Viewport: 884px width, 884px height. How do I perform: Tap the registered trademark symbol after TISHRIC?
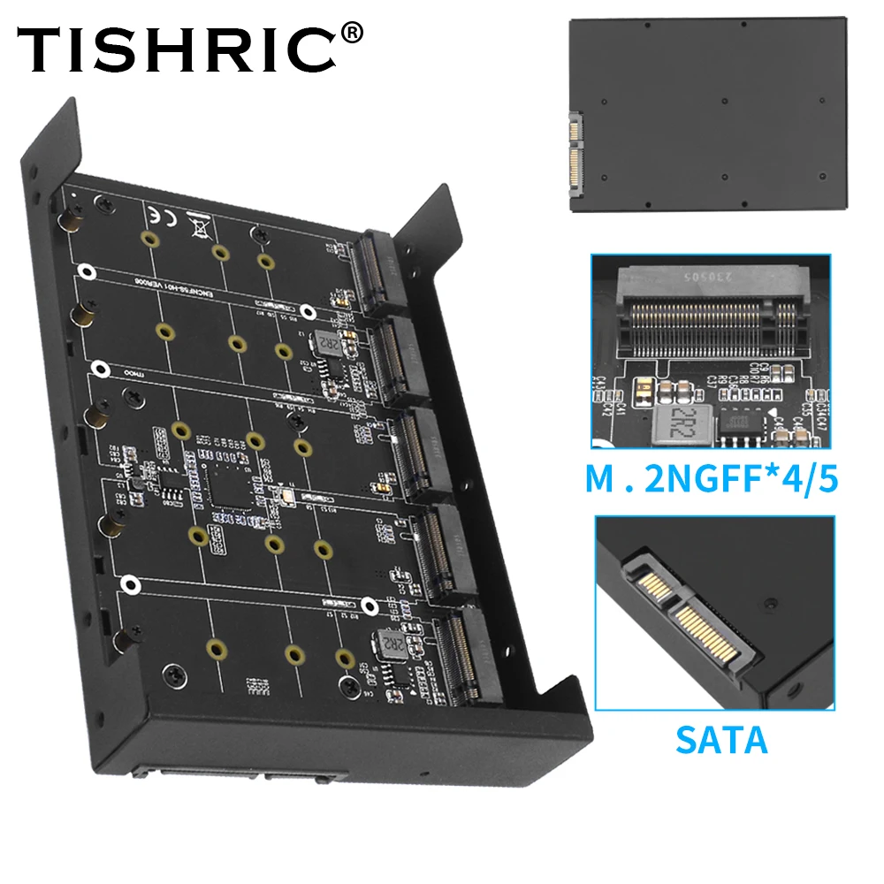351,33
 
